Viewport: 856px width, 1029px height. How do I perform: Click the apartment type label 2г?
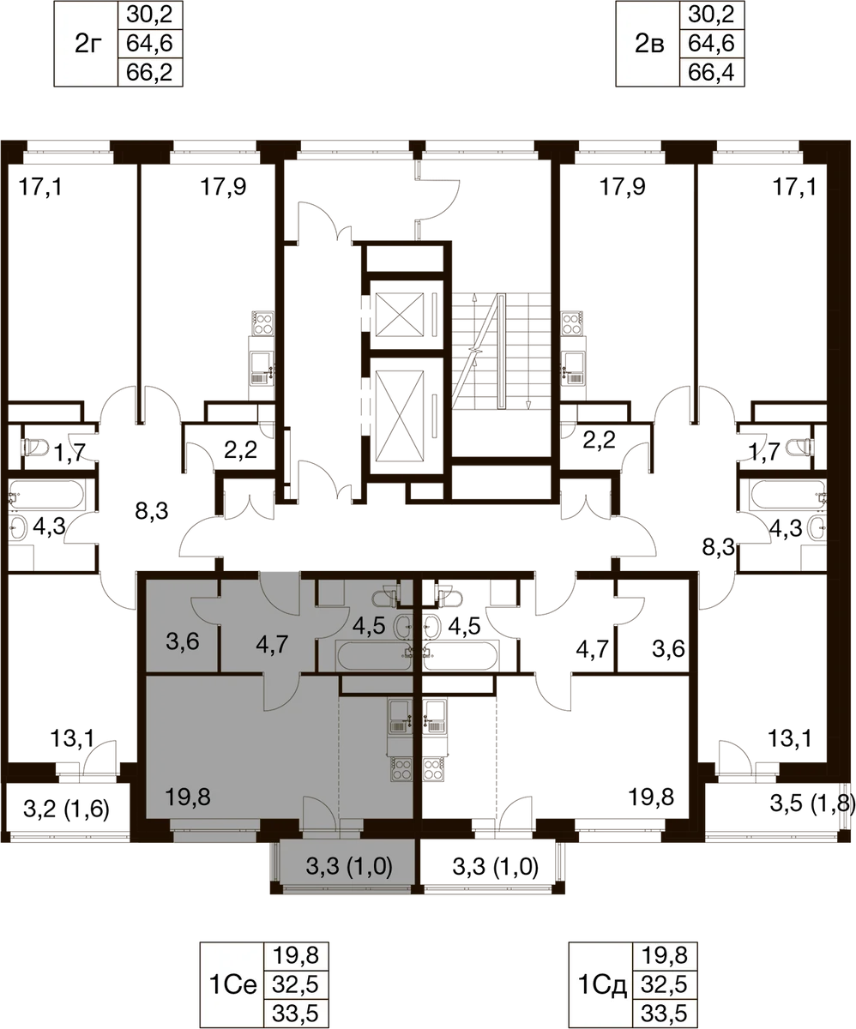point(87,44)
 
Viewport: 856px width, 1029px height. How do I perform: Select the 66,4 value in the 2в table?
point(712,72)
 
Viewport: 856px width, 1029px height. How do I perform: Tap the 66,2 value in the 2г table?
point(149,72)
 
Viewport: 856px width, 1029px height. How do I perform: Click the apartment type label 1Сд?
point(602,984)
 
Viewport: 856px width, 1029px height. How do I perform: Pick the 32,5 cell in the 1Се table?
point(296,984)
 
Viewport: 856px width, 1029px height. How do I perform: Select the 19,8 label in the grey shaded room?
point(187,797)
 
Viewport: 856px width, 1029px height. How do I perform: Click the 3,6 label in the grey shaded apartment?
point(183,641)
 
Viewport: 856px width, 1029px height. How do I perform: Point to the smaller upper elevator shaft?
point(400,315)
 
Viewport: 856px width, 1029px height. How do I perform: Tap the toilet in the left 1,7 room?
point(34,447)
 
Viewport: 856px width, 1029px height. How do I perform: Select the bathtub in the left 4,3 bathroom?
point(46,494)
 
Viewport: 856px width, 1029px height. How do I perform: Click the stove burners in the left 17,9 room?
point(262,322)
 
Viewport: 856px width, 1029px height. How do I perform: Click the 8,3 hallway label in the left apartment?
point(152,511)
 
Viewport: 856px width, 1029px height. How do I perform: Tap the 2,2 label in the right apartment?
point(599,440)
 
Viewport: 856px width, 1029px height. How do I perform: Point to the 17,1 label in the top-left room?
point(40,187)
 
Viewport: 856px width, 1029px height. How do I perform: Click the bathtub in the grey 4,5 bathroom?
point(373,655)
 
